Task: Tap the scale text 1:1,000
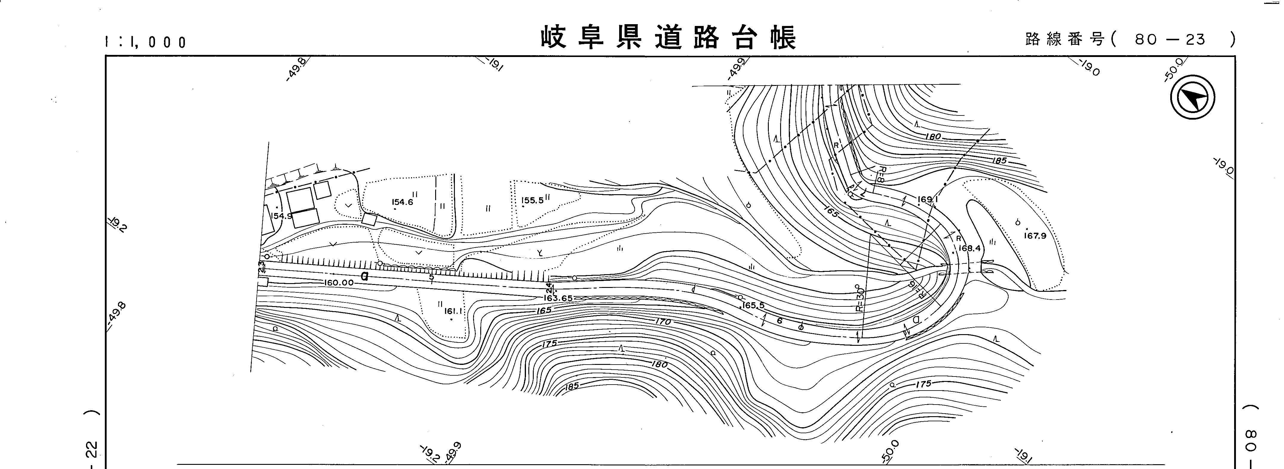pyautogui.click(x=145, y=42)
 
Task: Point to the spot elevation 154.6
pyautogui.click(x=402, y=202)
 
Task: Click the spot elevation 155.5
pyautogui.click(x=532, y=201)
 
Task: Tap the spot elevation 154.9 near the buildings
pyautogui.click(x=282, y=216)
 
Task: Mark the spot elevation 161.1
pyautogui.click(x=454, y=312)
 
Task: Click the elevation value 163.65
pyautogui.click(x=558, y=298)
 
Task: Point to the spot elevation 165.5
pyautogui.click(x=753, y=305)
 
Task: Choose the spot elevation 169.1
pyautogui.click(x=928, y=200)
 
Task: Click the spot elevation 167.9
pyautogui.click(x=1035, y=236)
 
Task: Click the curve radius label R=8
pyautogui.click(x=881, y=175)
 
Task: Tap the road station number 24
pyautogui.click(x=549, y=288)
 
